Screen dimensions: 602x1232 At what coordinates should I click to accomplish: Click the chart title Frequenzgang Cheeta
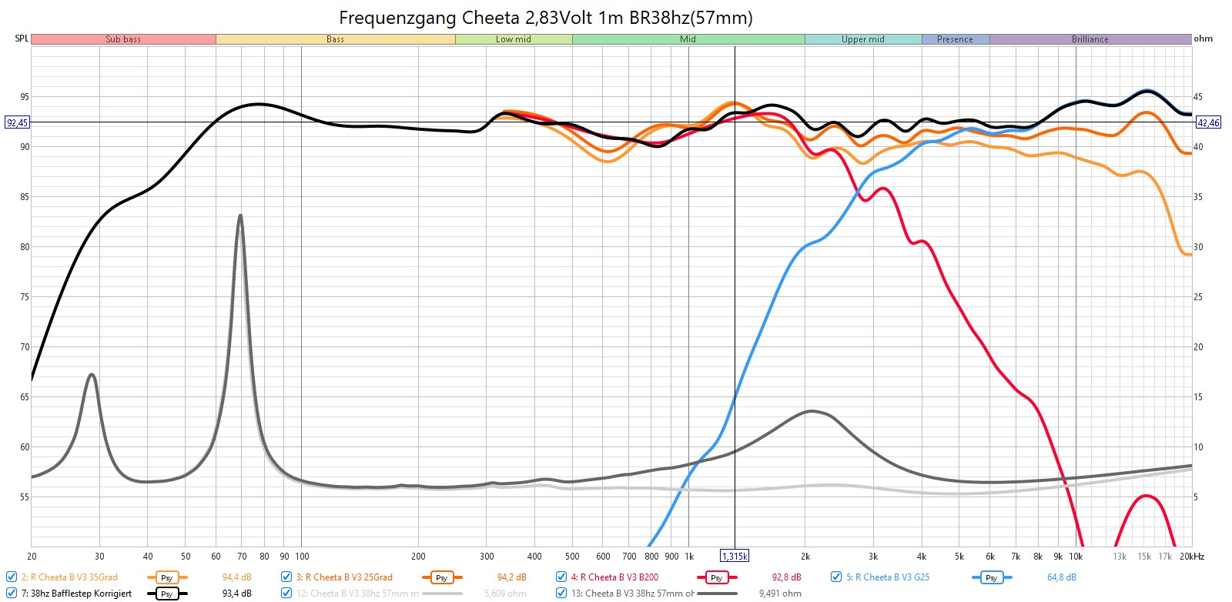[x=545, y=18]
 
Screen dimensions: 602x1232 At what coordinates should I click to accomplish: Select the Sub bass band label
[x=123, y=39]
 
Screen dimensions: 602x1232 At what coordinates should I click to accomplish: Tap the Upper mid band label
[x=862, y=39]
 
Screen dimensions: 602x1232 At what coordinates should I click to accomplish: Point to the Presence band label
[x=955, y=39]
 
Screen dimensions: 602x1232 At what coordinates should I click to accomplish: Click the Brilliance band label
[x=1090, y=39]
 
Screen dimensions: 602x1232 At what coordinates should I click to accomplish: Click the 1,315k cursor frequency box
[x=735, y=556]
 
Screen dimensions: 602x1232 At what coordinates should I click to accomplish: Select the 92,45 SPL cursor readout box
[x=18, y=122]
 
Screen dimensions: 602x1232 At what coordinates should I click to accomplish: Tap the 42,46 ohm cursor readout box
[x=1208, y=122]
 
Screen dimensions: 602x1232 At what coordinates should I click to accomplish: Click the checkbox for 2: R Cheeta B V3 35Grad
[x=12, y=577]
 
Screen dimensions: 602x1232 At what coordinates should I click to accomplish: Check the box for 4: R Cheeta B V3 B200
[x=561, y=577]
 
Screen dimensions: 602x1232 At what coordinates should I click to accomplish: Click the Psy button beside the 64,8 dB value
[x=991, y=577]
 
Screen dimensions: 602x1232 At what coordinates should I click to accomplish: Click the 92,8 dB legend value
[x=786, y=577]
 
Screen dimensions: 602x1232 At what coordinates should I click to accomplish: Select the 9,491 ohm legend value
[x=780, y=594]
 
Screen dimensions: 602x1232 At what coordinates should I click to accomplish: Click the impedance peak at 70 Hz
[x=240, y=216]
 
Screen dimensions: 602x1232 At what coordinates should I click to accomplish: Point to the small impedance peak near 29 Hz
[x=92, y=375]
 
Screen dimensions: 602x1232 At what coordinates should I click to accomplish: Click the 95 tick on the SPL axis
[x=25, y=97]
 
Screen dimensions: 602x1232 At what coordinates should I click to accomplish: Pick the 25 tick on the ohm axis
[x=1198, y=297]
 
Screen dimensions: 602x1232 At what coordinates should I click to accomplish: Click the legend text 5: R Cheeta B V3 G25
[x=887, y=577]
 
